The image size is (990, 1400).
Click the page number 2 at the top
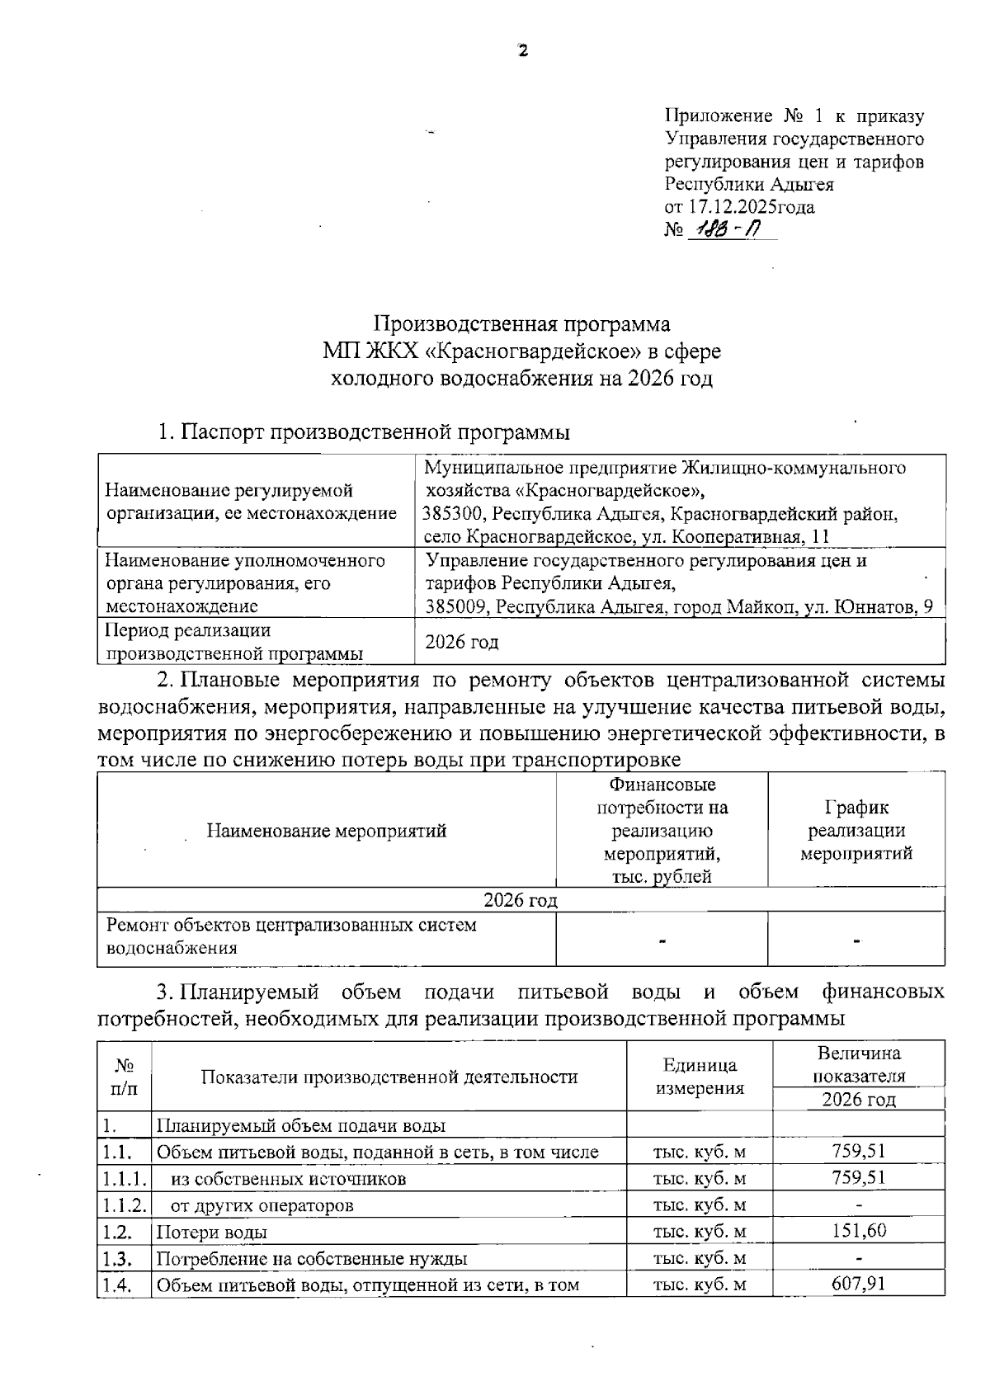[521, 50]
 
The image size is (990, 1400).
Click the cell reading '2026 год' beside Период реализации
[461, 642]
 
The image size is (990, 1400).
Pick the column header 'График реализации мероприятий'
[856, 830]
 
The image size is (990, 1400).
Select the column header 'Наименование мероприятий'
[327, 831]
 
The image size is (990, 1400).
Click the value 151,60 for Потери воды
[859, 1231]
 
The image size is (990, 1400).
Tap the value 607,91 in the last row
[859, 1284]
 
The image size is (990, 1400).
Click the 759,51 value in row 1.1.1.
[859, 1177]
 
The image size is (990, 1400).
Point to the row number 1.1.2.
[125, 1204]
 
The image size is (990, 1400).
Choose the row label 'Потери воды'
[212, 1233]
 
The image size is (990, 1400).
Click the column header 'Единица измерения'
[700, 1077]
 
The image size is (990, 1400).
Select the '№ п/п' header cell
[125, 1077]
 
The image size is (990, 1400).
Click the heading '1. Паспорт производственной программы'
[364, 431]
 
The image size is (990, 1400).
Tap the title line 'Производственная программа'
[521, 323]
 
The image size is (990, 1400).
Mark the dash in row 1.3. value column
[859, 1258]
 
